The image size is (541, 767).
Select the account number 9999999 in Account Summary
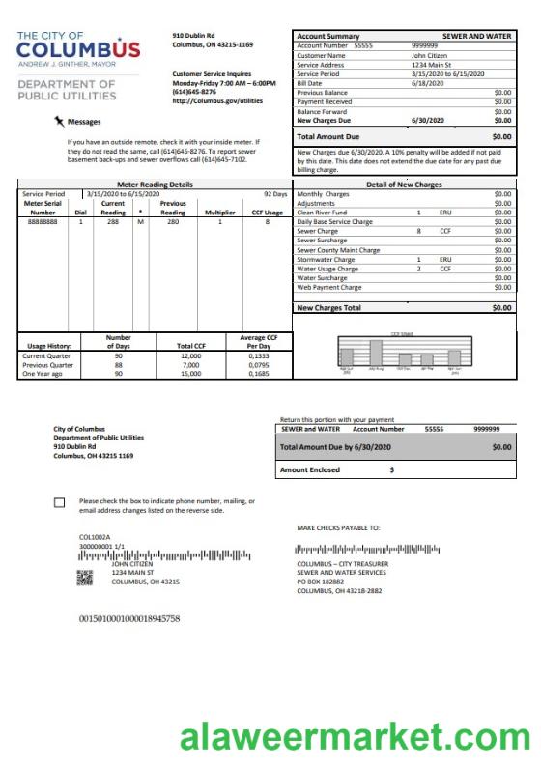click(x=424, y=45)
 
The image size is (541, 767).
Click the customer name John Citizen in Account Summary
click(x=429, y=55)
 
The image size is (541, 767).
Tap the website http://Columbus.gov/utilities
click(x=217, y=100)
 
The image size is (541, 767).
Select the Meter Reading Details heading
click(x=155, y=184)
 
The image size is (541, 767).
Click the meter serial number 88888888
click(x=42, y=221)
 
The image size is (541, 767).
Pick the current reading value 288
click(x=112, y=221)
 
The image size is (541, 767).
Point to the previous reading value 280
click(x=172, y=221)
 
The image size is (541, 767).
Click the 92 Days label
click(x=274, y=193)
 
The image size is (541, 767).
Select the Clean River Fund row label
click(x=325, y=212)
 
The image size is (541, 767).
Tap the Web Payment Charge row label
click(x=329, y=287)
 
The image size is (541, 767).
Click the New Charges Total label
click(x=328, y=308)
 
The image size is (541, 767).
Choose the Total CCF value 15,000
click(x=190, y=374)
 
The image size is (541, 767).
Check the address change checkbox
click(x=60, y=502)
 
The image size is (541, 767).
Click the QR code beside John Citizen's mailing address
click(x=85, y=579)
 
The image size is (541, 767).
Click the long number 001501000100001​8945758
click(x=129, y=617)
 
